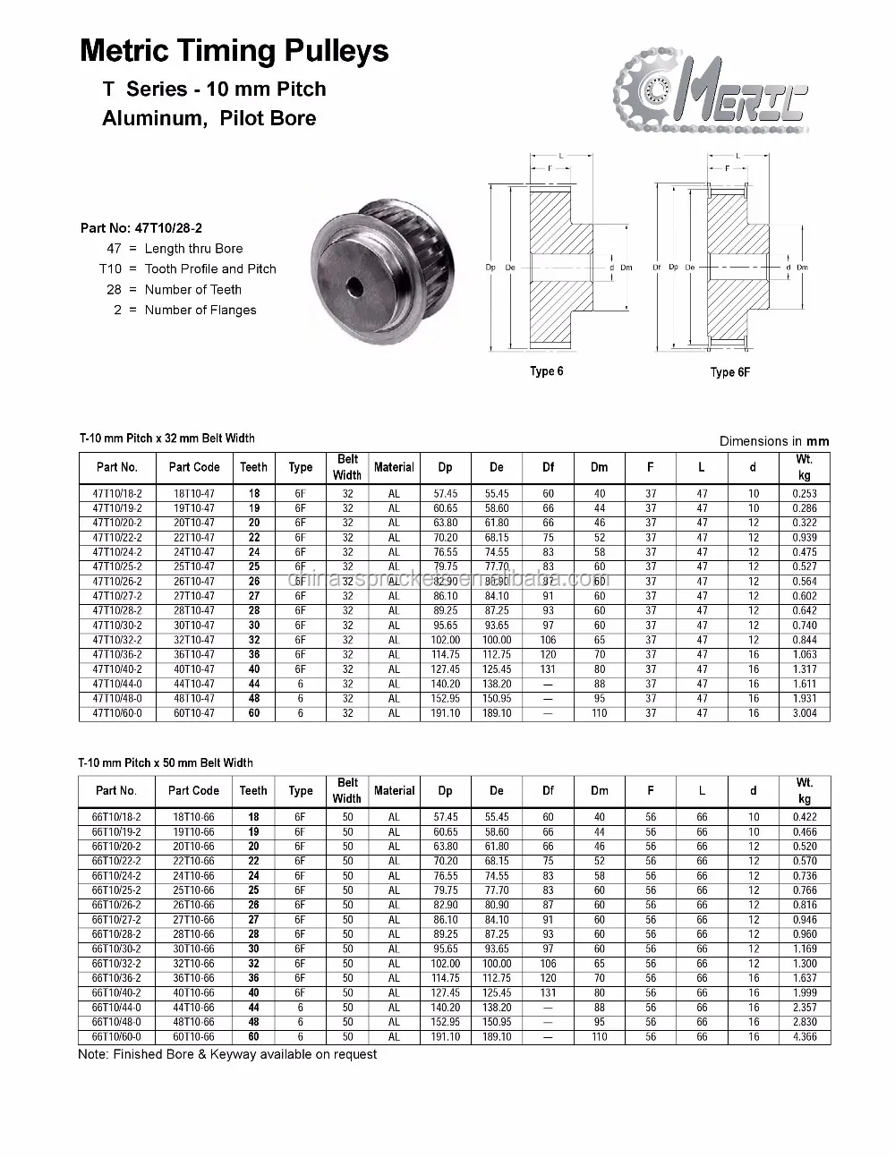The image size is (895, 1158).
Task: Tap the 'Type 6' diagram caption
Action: tap(547, 371)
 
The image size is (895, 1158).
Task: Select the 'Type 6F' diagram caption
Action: tap(729, 372)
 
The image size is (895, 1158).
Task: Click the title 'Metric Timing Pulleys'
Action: tap(234, 50)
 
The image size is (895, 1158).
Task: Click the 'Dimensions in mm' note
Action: tap(774, 440)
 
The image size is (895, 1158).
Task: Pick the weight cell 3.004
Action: tap(804, 713)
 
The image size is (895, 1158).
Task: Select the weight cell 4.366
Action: tap(804, 1037)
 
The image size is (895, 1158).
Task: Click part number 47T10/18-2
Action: tap(117, 493)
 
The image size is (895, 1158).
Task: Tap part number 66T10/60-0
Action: tap(117, 1037)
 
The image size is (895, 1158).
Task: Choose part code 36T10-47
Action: tap(193, 654)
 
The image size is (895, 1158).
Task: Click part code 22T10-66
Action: tap(193, 861)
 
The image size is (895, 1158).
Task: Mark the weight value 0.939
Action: tap(804, 538)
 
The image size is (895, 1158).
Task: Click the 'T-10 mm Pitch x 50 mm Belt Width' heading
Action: tap(166, 762)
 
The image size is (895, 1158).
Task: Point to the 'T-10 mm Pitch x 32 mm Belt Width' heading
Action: tap(166, 439)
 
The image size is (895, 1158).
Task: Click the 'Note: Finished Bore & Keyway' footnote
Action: tap(227, 1054)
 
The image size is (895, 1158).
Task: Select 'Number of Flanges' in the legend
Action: tap(200, 310)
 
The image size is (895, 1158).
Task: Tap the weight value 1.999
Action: tap(804, 992)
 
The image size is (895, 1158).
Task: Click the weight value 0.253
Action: tap(804, 493)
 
